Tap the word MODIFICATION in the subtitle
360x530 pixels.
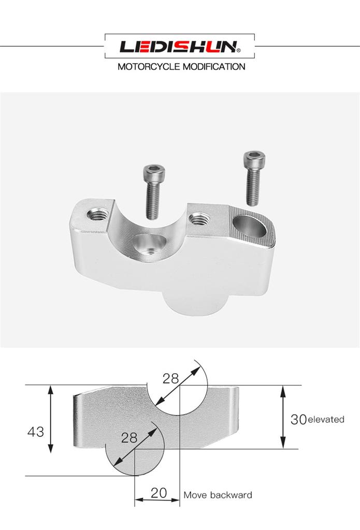pyautogui.click(x=214, y=67)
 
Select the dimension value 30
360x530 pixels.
pyautogui.click(x=298, y=419)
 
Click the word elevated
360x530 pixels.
pyautogui.click(x=326, y=419)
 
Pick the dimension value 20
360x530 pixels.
pyautogui.click(x=159, y=493)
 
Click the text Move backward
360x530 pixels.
pyautogui.click(x=218, y=495)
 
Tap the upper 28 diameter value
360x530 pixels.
pyautogui.click(x=170, y=378)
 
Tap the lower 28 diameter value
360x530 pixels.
pyautogui.click(x=129, y=438)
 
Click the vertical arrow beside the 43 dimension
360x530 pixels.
pyautogui.click(x=50, y=419)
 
